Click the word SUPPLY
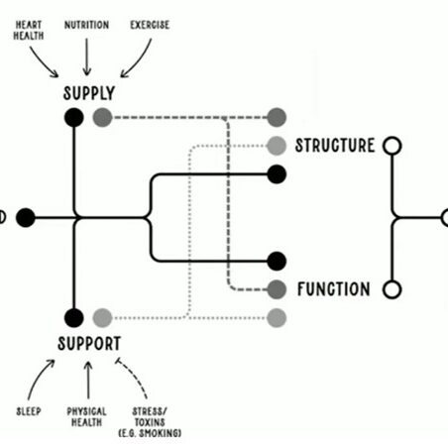(x=89, y=94)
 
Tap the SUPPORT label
(x=89, y=343)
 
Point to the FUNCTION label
(x=334, y=290)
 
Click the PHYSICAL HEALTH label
(x=87, y=416)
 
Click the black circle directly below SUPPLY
(x=73, y=118)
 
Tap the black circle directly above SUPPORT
(x=73, y=318)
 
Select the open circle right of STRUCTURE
(x=392, y=147)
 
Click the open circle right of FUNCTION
(x=392, y=290)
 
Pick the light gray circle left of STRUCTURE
(x=277, y=147)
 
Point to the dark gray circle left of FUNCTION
(x=277, y=290)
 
